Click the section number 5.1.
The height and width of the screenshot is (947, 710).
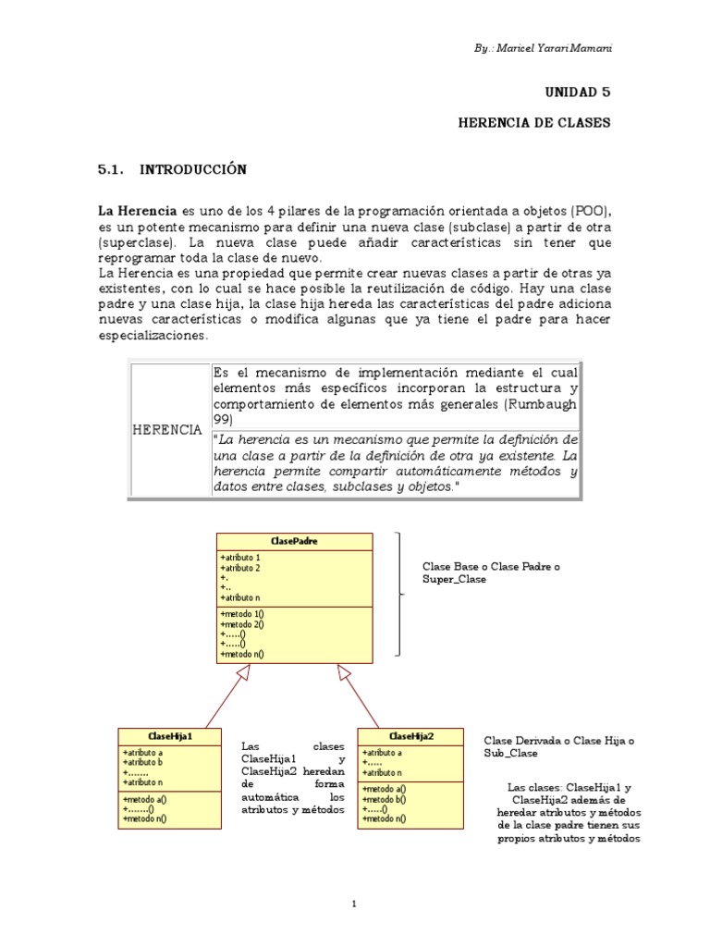click(111, 169)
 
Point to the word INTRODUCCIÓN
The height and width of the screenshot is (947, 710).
click(193, 169)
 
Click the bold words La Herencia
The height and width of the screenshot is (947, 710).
click(137, 212)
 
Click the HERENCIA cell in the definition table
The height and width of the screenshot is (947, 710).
click(168, 431)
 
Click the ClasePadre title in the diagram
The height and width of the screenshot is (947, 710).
click(295, 540)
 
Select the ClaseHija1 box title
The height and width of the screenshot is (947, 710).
click(169, 736)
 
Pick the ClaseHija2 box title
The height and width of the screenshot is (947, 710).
click(411, 736)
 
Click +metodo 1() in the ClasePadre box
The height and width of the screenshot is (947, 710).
click(243, 614)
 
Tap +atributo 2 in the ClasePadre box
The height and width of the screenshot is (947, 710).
click(240, 567)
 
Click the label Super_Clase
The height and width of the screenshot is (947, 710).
click(454, 579)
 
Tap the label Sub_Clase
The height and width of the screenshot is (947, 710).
click(510, 754)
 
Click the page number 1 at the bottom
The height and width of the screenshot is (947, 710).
click(354, 904)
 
